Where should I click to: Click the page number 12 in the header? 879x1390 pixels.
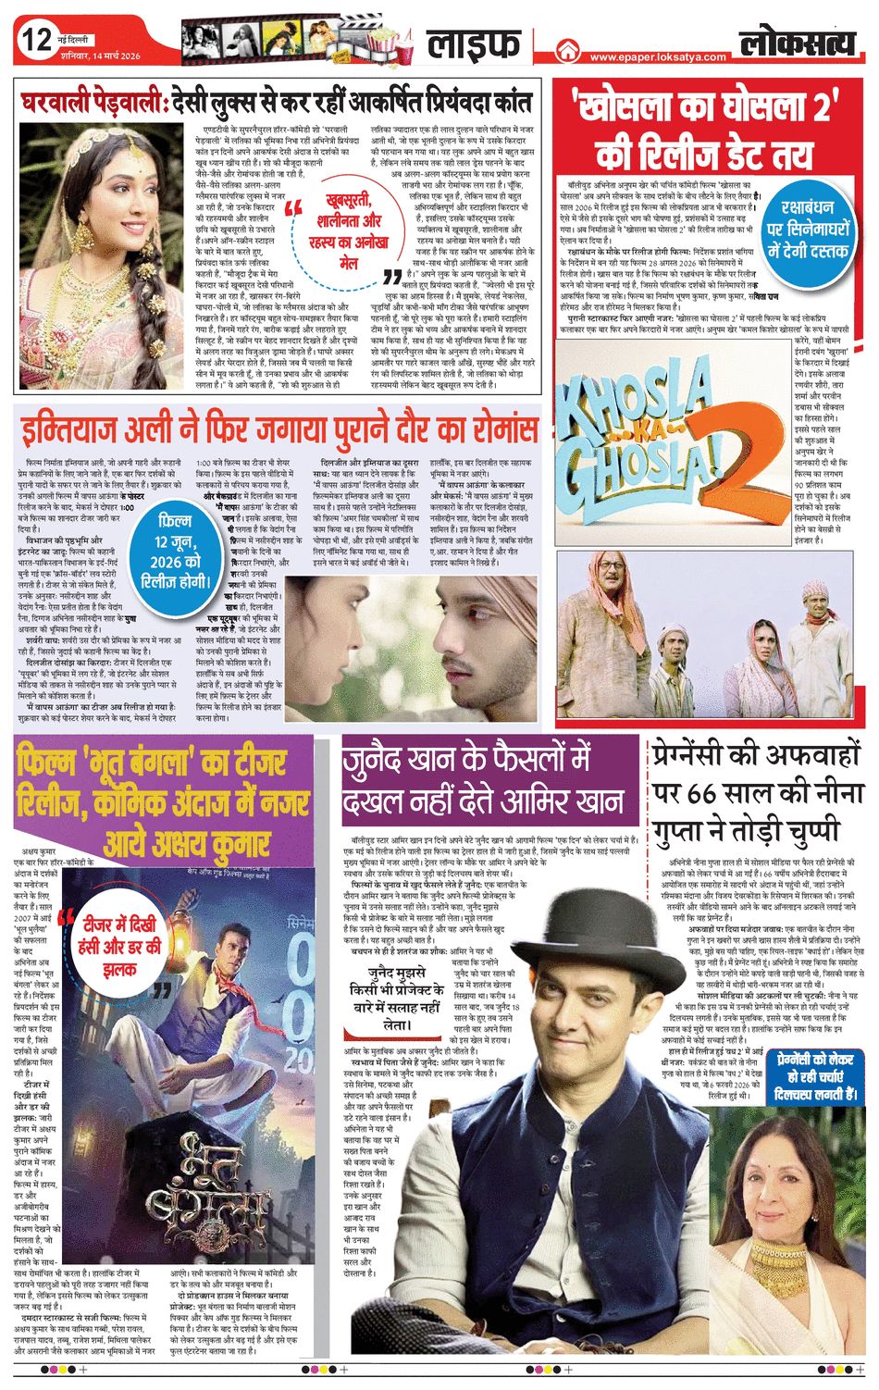37,41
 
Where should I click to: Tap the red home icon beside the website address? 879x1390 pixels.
567,53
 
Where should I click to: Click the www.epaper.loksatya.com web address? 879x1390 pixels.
658,57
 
